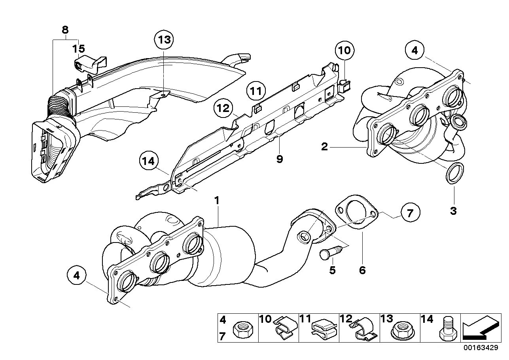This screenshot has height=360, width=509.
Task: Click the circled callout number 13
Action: click(164, 40)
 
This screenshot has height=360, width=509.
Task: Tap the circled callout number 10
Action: click(344, 51)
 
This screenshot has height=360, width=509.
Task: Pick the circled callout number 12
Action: click(223, 108)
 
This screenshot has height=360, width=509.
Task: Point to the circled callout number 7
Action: click(409, 213)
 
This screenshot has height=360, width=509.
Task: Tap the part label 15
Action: click(78, 49)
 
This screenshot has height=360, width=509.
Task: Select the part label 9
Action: click(280, 159)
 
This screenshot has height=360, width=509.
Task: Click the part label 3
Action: click(453, 210)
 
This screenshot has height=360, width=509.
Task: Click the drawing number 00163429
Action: click(481, 348)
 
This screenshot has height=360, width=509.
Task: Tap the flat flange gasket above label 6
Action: click(356, 212)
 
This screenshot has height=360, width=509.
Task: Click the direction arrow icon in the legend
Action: click(480, 328)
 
